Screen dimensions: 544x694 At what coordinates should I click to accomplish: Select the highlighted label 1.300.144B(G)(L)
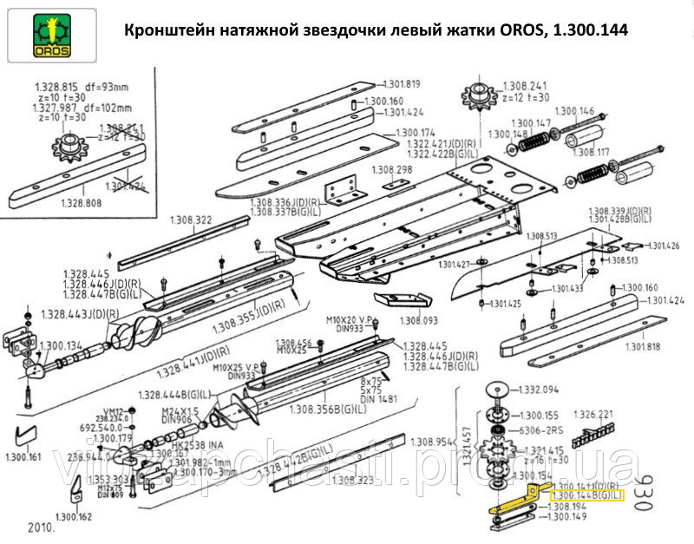click(x=587, y=495)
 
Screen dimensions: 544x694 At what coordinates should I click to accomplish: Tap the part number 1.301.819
click(x=402, y=84)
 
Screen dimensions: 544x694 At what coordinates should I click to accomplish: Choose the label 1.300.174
click(x=416, y=133)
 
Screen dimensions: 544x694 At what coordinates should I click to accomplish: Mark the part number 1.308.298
click(x=392, y=169)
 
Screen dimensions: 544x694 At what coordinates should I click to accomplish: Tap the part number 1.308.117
click(x=593, y=153)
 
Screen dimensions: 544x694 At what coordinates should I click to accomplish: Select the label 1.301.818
click(x=642, y=346)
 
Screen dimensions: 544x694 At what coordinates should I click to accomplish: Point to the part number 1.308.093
click(x=419, y=321)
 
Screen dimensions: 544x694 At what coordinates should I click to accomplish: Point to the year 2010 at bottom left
click(x=41, y=527)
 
